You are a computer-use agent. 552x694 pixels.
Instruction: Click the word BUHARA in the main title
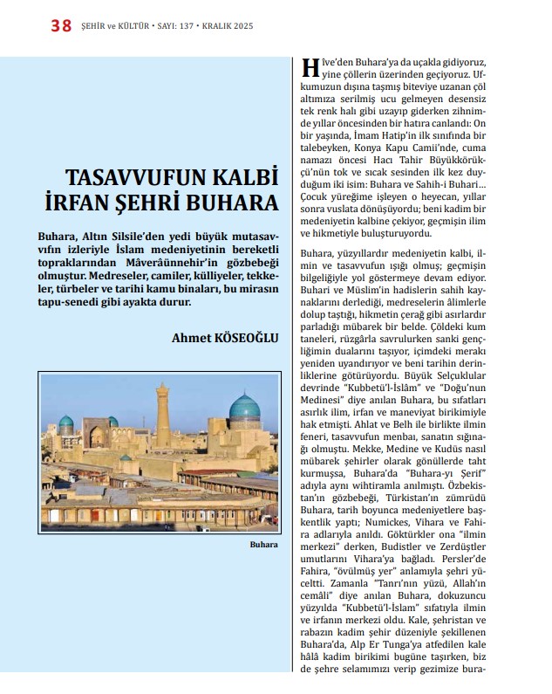coord(232,203)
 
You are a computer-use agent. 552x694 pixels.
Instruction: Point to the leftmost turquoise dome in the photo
coord(65,424)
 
